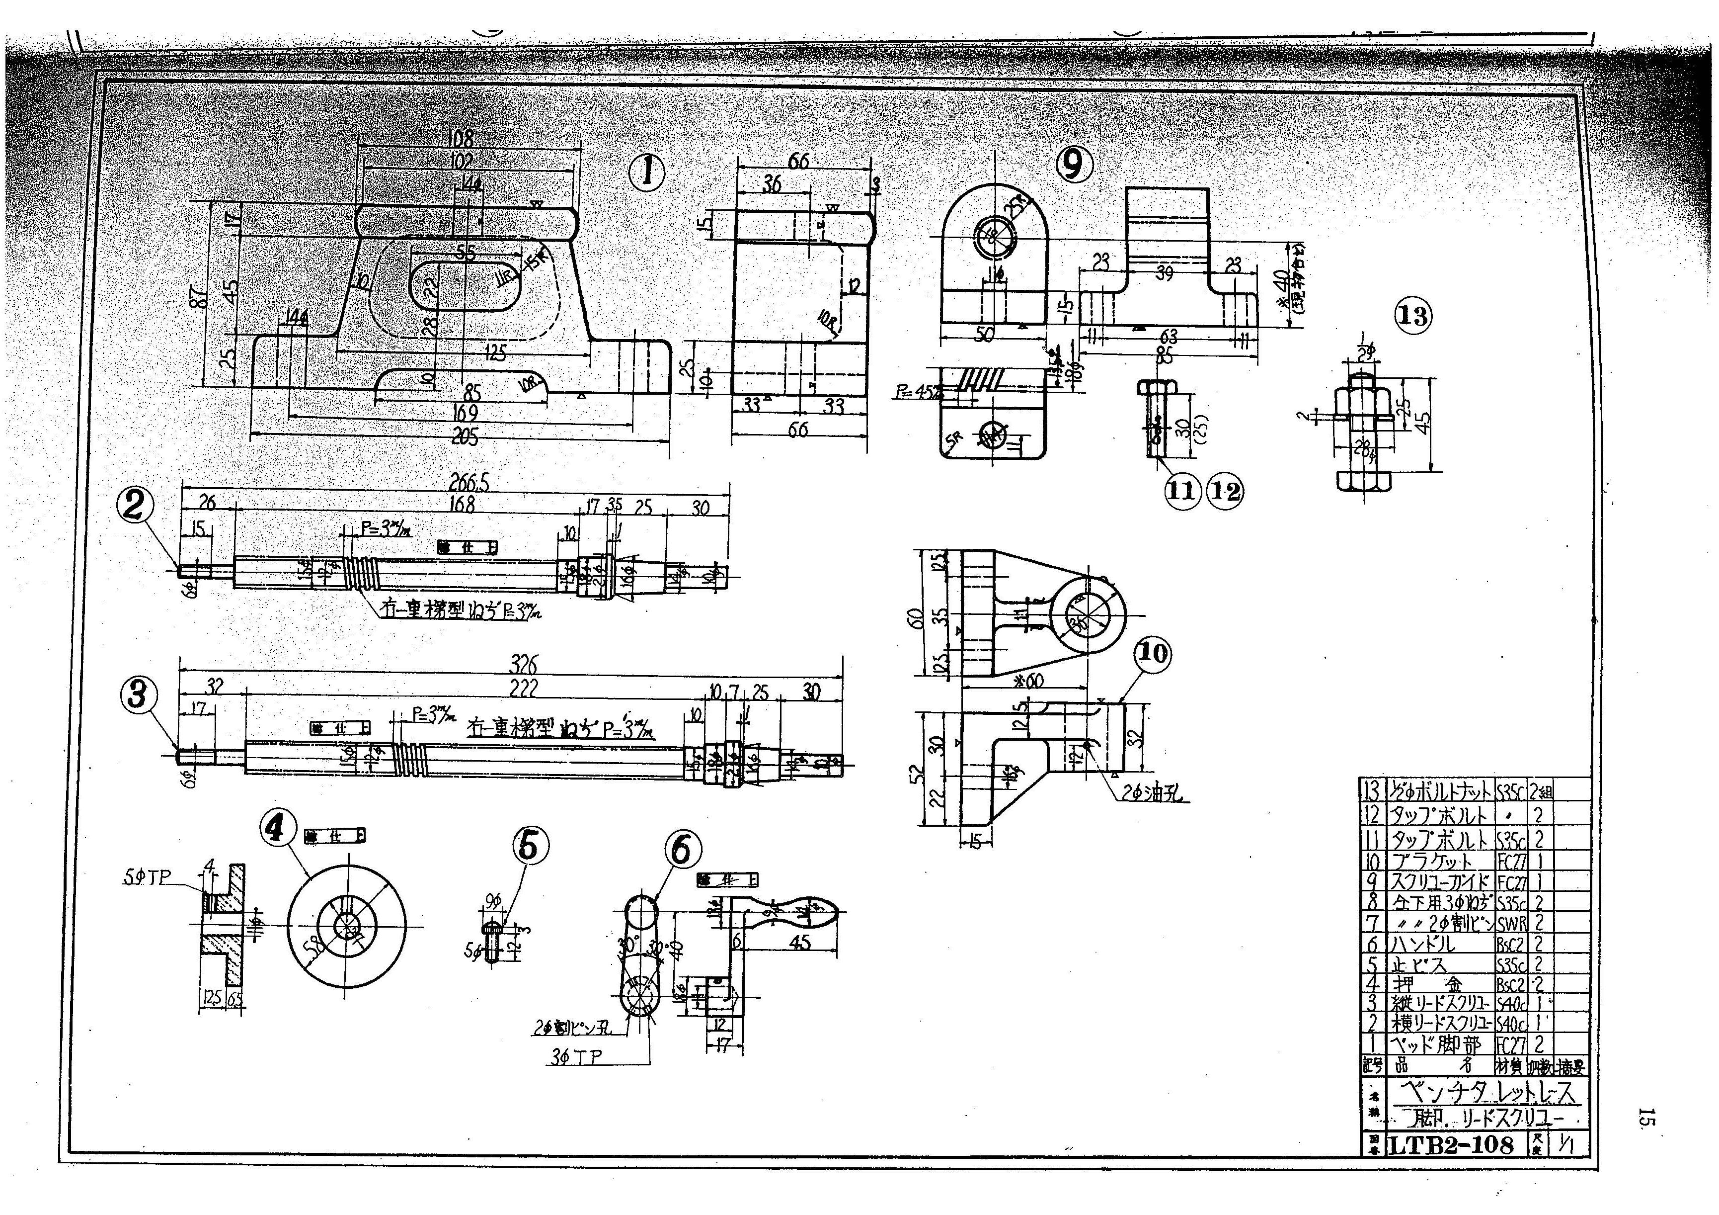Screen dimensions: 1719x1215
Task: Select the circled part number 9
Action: (1072, 165)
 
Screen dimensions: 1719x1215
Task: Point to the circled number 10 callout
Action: (1152, 654)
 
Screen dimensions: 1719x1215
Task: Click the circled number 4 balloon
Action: (277, 829)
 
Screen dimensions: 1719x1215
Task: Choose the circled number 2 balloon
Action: (135, 507)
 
